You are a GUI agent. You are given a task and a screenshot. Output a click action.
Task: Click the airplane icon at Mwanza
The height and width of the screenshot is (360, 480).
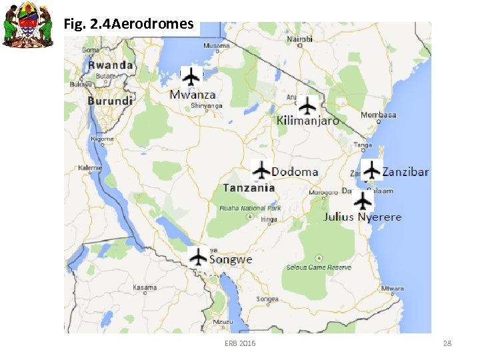pyautogui.click(x=191, y=77)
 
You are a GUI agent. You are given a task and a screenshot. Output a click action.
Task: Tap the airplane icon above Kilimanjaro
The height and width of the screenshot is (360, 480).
pyautogui.click(x=307, y=105)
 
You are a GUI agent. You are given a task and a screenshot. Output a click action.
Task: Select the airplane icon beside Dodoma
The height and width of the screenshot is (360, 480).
pyautogui.click(x=261, y=170)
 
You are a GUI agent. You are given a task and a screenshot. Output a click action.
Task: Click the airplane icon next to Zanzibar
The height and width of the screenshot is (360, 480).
pyautogui.click(x=371, y=170)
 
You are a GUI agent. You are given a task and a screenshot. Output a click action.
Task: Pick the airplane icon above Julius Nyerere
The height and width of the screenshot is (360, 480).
pyautogui.click(x=363, y=200)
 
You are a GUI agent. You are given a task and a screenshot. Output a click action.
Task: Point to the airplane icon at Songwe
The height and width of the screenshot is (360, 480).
pyautogui.click(x=198, y=257)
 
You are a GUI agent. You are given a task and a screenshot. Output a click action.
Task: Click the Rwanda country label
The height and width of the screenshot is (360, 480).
pyautogui.click(x=111, y=65)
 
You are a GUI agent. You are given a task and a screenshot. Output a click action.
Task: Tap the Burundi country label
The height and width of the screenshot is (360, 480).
pyautogui.click(x=110, y=101)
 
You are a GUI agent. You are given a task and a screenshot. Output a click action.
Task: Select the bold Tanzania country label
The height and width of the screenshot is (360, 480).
pyautogui.click(x=249, y=188)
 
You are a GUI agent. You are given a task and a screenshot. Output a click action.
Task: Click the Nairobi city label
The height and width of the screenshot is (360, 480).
pyautogui.click(x=299, y=39)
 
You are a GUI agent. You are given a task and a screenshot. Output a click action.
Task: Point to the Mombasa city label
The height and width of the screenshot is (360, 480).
pyautogui.click(x=379, y=115)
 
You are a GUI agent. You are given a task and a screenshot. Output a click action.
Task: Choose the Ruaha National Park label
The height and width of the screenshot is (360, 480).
pyautogui.click(x=251, y=208)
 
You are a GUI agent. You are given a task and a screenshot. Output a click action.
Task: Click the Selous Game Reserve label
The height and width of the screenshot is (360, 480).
pyautogui.click(x=319, y=267)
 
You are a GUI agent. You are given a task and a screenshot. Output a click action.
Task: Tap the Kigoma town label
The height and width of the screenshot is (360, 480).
pyautogui.click(x=103, y=139)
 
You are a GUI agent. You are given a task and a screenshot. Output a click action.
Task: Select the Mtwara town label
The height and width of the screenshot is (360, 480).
pyautogui.click(x=392, y=289)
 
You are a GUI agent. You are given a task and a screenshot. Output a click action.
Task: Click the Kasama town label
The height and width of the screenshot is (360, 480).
pyautogui.click(x=145, y=287)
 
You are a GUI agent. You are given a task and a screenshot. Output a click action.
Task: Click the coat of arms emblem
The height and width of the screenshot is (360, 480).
pyautogui.click(x=27, y=25)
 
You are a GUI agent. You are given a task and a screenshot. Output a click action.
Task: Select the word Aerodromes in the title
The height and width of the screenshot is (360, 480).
pyautogui.click(x=153, y=25)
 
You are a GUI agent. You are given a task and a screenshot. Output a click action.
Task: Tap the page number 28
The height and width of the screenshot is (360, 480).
pyautogui.click(x=447, y=343)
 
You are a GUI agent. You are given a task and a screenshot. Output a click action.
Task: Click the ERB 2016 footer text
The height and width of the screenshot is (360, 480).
pyautogui.click(x=240, y=343)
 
